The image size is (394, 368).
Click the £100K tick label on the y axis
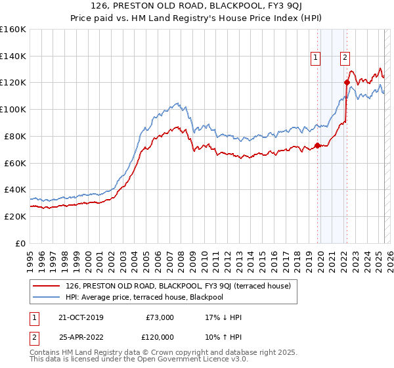13,109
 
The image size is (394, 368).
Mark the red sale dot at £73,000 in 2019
317,145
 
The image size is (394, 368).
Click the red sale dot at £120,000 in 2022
346,82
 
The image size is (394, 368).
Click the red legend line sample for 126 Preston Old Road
47,285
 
